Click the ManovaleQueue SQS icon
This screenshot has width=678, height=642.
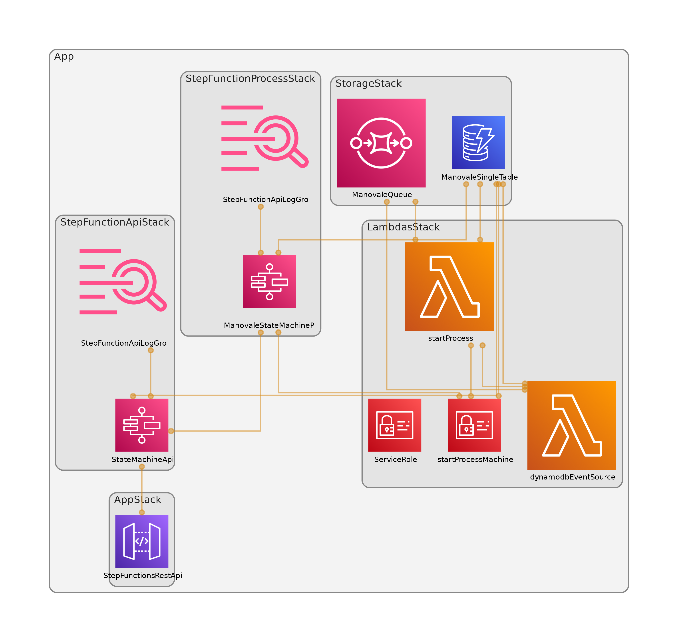(x=381, y=143)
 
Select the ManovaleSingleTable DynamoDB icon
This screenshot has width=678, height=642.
(x=478, y=143)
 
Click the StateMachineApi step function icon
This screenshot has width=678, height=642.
(x=142, y=425)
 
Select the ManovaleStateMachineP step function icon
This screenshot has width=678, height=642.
(x=269, y=282)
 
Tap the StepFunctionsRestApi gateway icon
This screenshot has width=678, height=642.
(x=142, y=541)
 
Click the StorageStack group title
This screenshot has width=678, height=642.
(x=368, y=83)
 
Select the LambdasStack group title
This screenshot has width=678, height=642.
(x=403, y=227)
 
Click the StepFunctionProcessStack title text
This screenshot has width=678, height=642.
(x=250, y=79)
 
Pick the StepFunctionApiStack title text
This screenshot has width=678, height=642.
(x=115, y=222)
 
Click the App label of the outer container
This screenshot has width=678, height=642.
(x=64, y=56)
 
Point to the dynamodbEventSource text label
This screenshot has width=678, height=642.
(x=573, y=477)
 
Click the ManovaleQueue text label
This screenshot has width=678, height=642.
(x=382, y=195)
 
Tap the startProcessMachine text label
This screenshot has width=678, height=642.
(x=475, y=460)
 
